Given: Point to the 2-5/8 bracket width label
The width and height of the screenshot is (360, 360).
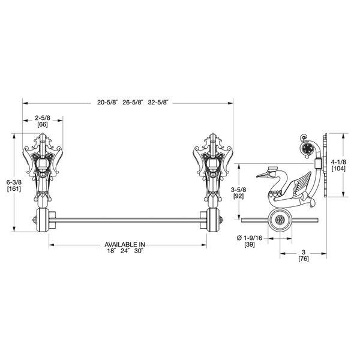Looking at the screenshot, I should click(41, 118).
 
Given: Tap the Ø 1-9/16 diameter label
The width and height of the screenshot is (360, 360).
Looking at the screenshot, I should click(248, 239).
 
